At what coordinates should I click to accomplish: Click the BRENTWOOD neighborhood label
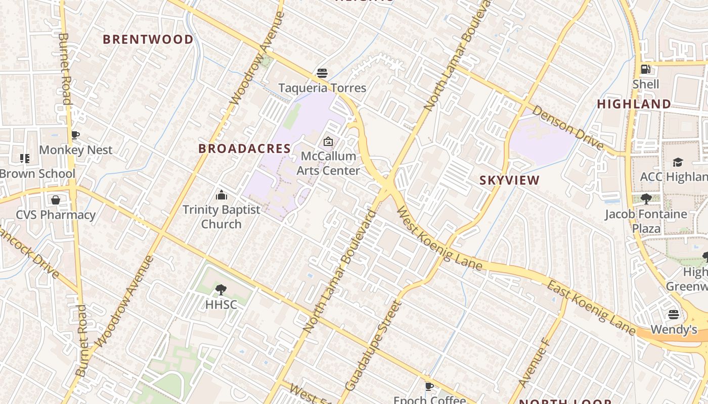click(148, 39)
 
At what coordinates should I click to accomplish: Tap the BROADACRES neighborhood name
click(245, 148)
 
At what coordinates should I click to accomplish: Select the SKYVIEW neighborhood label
click(509, 180)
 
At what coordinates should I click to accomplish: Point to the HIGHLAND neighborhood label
click(634, 104)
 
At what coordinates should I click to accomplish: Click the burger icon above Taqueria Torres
click(322, 73)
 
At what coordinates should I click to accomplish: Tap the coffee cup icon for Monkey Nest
click(75, 135)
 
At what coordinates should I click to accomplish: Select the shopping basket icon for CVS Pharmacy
click(56, 200)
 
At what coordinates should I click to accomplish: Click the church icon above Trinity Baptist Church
click(221, 195)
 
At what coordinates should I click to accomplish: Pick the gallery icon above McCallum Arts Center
click(328, 141)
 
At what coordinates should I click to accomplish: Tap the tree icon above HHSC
click(220, 290)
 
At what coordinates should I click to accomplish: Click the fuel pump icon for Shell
click(646, 69)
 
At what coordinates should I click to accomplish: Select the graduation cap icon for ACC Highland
click(678, 162)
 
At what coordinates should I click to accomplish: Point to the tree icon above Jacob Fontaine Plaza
click(646, 199)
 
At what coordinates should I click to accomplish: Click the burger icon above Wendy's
click(673, 315)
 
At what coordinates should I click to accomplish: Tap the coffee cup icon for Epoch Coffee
click(429, 386)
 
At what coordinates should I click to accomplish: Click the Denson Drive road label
click(567, 128)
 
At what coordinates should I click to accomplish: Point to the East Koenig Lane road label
click(590, 308)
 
